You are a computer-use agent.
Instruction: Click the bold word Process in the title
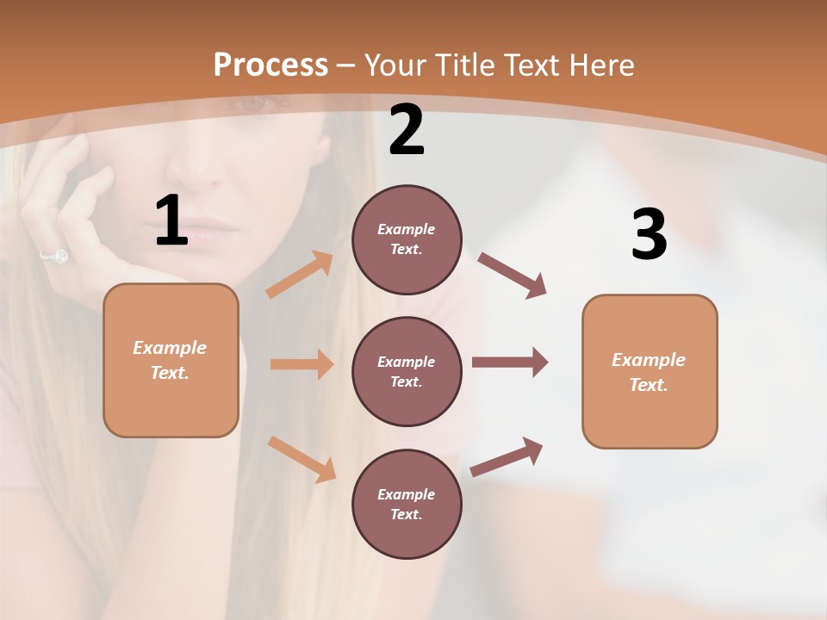[270, 65]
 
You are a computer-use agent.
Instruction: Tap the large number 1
[171, 221]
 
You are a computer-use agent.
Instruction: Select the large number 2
[407, 131]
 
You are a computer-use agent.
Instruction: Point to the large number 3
[649, 234]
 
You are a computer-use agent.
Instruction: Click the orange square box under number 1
[171, 360]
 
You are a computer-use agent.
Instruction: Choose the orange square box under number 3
[650, 371]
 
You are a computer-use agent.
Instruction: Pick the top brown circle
[407, 239]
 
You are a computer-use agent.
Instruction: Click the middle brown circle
[407, 371]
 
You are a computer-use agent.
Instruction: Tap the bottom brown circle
[407, 504]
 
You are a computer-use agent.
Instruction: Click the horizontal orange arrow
[302, 364]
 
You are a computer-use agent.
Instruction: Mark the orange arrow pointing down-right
[302, 459]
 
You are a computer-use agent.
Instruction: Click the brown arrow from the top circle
[513, 276]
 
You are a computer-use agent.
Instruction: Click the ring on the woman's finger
[56, 256]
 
